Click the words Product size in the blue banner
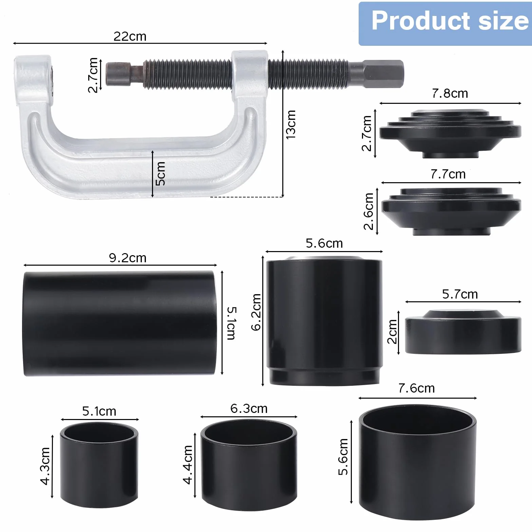click(x=450, y=21)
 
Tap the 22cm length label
click(x=130, y=36)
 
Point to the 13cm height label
click(x=291, y=124)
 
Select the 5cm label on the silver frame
click(x=160, y=173)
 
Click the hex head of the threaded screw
click(x=384, y=74)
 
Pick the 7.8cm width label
click(x=450, y=93)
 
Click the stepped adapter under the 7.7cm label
click(x=451, y=211)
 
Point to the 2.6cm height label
click(x=368, y=211)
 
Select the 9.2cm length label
click(x=128, y=258)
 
